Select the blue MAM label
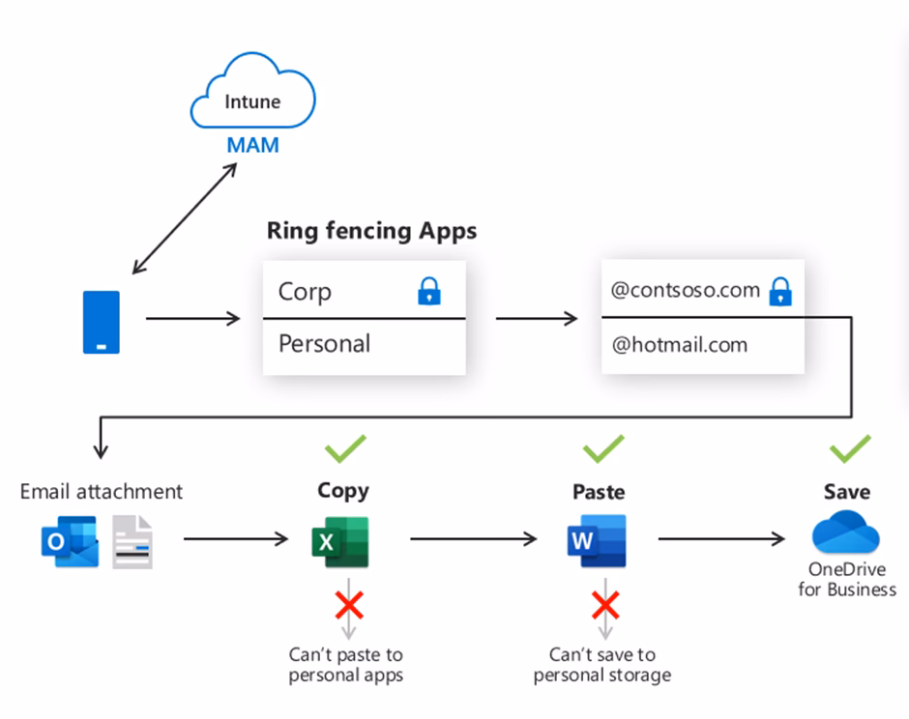(x=252, y=146)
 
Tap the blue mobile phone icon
(x=101, y=322)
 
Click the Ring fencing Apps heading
(x=371, y=231)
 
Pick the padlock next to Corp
(x=428, y=291)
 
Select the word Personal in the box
(x=324, y=343)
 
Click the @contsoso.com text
(x=685, y=290)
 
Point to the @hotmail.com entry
(x=679, y=344)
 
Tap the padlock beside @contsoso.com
(x=780, y=291)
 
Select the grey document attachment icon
(x=132, y=541)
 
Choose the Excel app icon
(x=339, y=541)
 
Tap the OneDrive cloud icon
(x=845, y=533)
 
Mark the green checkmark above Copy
(x=344, y=448)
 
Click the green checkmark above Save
(x=850, y=448)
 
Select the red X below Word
(x=605, y=606)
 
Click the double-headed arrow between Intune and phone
(x=184, y=218)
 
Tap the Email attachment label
(x=101, y=491)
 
